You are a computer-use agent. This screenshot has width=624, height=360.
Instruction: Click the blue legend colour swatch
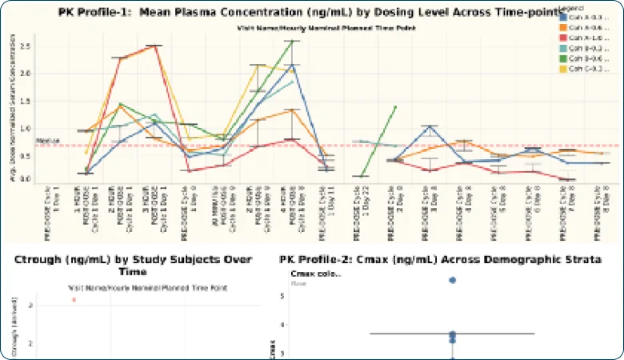565,16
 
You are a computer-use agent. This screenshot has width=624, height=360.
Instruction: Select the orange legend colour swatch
565,26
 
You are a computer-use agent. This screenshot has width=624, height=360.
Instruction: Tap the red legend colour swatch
565,37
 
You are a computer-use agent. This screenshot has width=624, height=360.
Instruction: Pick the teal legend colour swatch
565,47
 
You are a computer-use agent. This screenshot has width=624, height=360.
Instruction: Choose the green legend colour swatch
565,58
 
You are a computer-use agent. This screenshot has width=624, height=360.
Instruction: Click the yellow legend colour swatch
565,68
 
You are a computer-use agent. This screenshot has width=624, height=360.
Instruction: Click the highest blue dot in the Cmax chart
452,280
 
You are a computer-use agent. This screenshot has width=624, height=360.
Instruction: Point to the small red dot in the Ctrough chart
74,299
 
